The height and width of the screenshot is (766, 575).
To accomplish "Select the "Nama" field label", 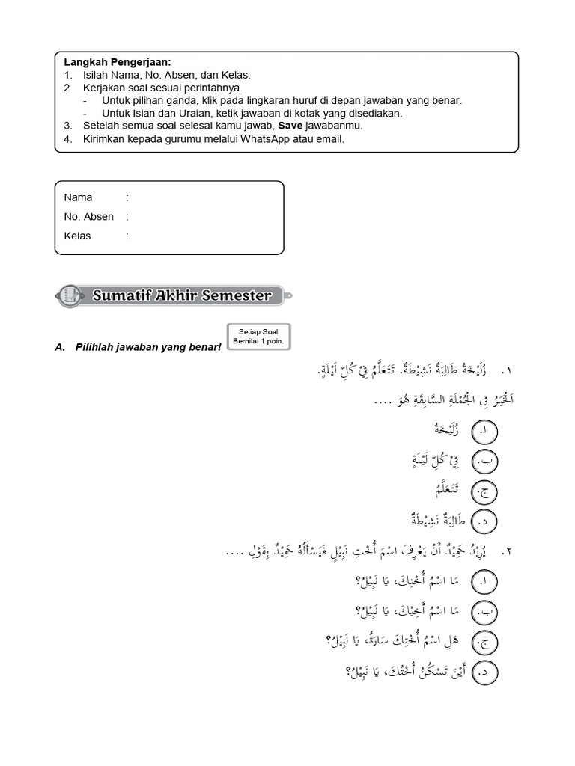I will [78, 197].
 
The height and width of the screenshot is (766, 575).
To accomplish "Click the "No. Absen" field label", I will [89, 217].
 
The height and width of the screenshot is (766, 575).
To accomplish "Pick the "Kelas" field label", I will [78, 236].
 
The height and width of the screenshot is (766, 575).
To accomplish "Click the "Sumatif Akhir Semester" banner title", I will [182, 295].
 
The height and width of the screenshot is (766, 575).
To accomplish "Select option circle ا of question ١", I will [485, 432].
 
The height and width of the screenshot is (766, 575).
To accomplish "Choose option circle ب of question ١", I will [485, 462].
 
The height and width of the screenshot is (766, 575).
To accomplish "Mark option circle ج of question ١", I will [485, 491].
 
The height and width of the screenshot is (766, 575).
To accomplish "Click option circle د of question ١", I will [485, 521].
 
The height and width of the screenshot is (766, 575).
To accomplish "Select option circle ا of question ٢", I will [485, 581].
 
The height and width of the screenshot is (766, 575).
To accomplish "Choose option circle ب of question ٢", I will [485, 611].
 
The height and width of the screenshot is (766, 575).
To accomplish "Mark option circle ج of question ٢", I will [485, 641].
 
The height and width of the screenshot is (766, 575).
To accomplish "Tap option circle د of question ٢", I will [485, 672].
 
